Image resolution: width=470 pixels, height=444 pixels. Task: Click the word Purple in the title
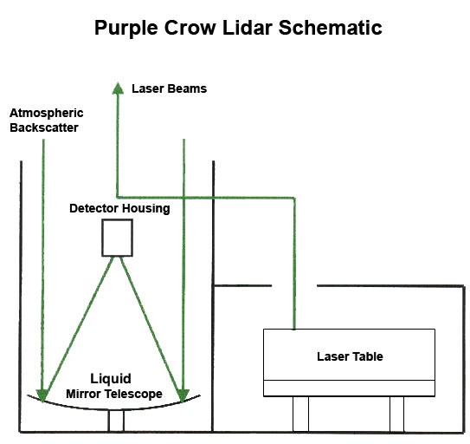[126, 29]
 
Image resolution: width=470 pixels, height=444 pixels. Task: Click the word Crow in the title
[190, 28]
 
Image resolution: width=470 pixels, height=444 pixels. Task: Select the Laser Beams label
[170, 88]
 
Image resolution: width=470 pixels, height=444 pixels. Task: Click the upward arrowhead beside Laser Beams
[118, 88]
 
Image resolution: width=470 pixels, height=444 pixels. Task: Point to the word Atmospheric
[47, 114]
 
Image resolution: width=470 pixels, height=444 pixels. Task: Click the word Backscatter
[44, 127]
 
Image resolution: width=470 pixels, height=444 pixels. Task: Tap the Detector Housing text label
[119, 208]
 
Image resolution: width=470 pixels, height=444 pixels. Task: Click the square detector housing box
[117, 238]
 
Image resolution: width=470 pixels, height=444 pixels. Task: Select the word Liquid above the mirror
[111, 379]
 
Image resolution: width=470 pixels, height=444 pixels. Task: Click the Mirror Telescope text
[114, 394]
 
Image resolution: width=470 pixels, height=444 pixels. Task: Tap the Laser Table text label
[350, 356]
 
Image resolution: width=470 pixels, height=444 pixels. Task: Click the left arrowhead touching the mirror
[42, 395]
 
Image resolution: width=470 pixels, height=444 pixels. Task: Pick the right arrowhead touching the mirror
[183, 395]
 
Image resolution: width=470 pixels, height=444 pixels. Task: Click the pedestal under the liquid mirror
[116, 421]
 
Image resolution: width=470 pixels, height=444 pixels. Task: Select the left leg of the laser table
[300, 415]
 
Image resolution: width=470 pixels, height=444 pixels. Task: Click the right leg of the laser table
[397, 415]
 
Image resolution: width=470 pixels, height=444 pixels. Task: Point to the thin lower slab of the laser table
[349, 388]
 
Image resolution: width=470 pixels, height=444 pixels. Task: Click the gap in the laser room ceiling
[294, 285]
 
